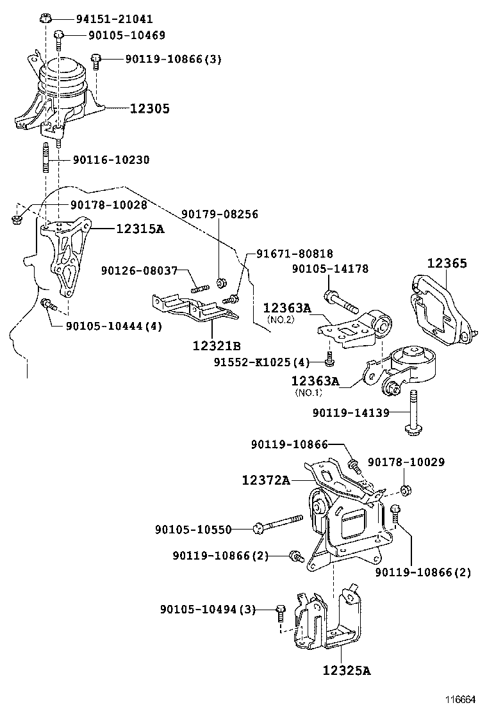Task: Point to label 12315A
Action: [x=140, y=229]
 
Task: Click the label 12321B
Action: [x=217, y=346]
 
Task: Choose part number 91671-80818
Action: [x=295, y=254]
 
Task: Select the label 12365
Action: [x=447, y=263]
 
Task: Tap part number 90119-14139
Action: [x=351, y=413]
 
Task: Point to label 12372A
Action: [x=266, y=480]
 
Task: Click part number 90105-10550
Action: [x=193, y=529]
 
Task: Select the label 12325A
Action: [x=346, y=671]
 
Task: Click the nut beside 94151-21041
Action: [x=45, y=17]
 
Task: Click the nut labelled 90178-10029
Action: [x=404, y=490]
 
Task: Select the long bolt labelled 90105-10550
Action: [x=279, y=524]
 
